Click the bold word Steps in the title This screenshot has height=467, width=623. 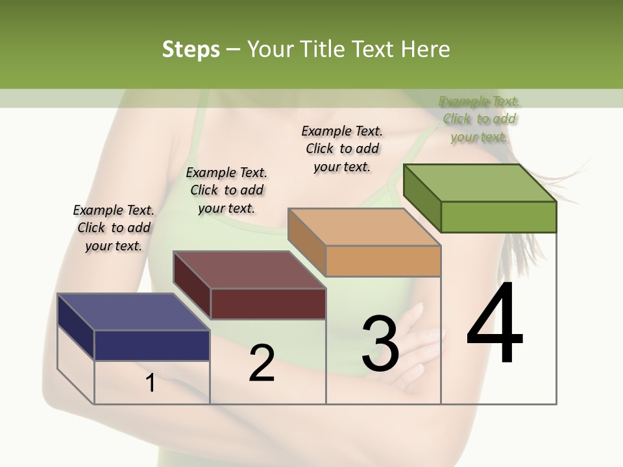(x=191, y=49)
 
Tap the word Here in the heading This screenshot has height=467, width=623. (x=426, y=49)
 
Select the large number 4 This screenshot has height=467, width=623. (x=495, y=324)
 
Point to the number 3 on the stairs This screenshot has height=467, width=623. (x=380, y=344)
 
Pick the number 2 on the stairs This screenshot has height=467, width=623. (x=262, y=364)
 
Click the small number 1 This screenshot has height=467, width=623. (x=151, y=383)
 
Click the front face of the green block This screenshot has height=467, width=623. (x=498, y=217)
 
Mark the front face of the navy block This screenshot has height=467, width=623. (x=152, y=345)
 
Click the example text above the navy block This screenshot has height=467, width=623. (x=114, y=228)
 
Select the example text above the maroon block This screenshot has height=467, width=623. (x=226, y=191)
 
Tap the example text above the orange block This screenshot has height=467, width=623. (x=342, y=149)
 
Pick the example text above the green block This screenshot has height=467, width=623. (x=479, y=119)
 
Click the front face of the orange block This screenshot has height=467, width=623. (x=383, y=261)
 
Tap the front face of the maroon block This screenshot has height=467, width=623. (x=268, y=304)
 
